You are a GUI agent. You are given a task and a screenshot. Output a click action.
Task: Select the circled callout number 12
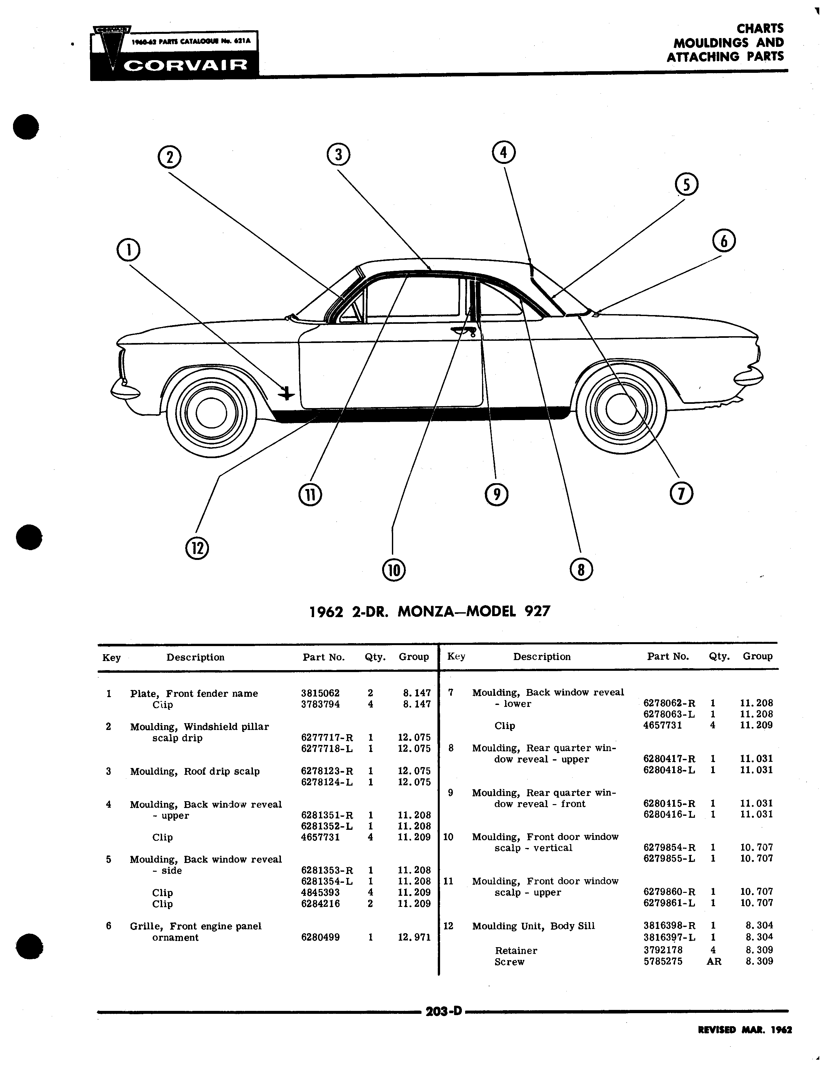[197, 548]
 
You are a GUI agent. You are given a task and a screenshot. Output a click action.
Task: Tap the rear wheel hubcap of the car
[621, 409]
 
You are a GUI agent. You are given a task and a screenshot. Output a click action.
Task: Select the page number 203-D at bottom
[444, 1011]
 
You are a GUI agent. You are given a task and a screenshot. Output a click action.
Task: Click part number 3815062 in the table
[320, 693]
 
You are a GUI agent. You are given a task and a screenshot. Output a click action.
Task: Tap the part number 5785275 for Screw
[663, 961]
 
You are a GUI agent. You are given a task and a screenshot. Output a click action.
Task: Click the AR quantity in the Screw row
[714, 961]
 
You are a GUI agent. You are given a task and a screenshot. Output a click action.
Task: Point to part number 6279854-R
[669, 847]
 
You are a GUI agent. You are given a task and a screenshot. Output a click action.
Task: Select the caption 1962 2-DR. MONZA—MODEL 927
[430, 611]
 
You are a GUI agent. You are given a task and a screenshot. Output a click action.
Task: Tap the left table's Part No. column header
[324, 657]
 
